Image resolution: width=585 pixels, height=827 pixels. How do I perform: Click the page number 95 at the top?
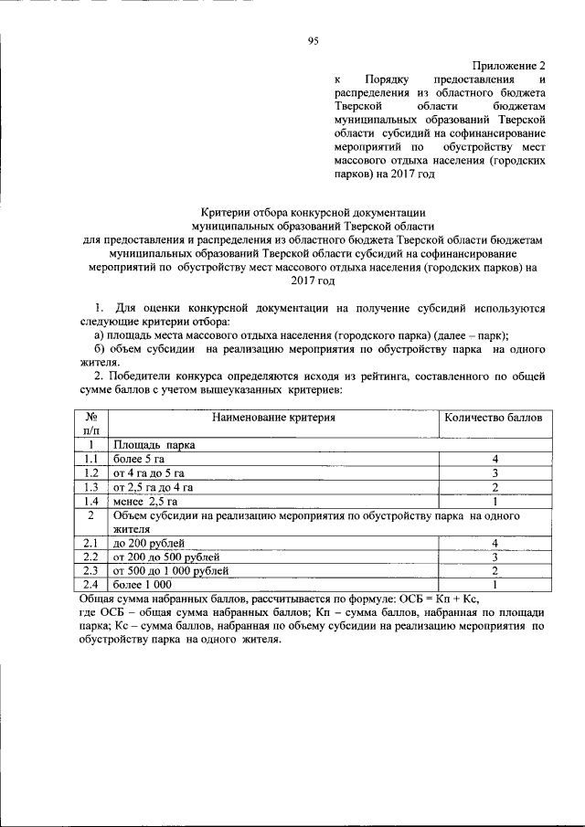click(314, 41)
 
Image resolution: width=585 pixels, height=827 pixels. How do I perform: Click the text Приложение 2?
click(508, 67)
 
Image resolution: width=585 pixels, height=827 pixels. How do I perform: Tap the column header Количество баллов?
click(493, 418)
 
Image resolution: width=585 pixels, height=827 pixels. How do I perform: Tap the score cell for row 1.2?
click(493, 473)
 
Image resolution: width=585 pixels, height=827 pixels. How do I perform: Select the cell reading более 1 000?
click(142, 585)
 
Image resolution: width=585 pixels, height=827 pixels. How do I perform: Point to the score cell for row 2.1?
click(493, 543)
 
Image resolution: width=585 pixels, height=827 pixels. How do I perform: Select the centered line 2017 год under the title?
click(314, 283)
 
